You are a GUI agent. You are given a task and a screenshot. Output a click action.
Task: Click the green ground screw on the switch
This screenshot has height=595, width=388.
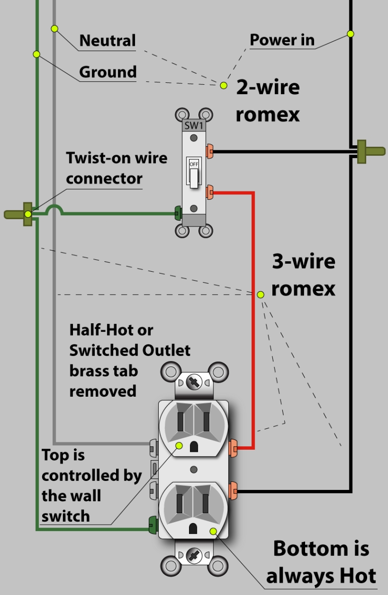[178, 214]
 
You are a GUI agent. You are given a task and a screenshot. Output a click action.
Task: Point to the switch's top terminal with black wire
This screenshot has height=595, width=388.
[210, 149]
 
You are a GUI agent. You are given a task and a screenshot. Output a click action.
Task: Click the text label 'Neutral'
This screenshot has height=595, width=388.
[107, 41]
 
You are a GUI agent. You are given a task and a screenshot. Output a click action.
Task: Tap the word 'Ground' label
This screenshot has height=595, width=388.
[108, 72]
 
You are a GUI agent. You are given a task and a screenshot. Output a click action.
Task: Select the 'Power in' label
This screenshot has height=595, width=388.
[282, 40]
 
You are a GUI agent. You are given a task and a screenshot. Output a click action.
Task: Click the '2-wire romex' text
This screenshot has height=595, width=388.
[267, 101]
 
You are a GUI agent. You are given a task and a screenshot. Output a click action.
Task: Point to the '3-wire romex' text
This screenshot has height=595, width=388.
[303, 275]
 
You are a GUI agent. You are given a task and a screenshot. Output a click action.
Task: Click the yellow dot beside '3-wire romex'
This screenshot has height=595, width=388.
[260, 295]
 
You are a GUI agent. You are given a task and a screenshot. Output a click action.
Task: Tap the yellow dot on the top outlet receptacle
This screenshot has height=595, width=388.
[179, 446]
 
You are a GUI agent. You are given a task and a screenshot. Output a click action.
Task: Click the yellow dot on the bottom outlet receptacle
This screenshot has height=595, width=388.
[213, 532]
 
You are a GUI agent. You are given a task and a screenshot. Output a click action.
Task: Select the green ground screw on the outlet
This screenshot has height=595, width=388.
[152, 523]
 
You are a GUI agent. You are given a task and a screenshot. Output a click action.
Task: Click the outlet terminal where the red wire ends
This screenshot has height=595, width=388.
[233, 448]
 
